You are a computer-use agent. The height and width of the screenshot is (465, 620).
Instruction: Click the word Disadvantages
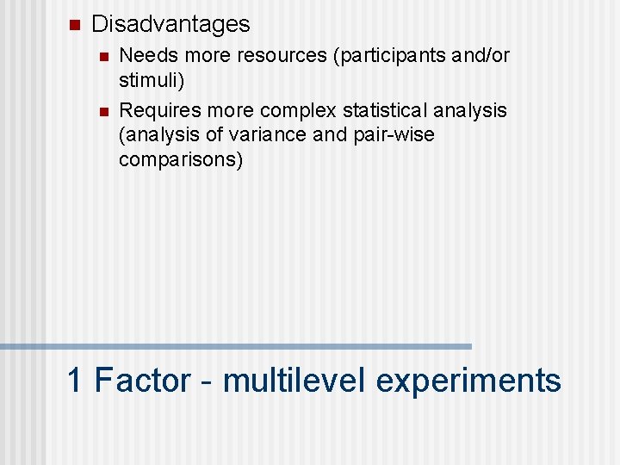pyautogui.click(x=170, y=24)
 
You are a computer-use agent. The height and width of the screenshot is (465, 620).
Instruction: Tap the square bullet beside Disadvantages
pyautogui.click(x=74, y=24)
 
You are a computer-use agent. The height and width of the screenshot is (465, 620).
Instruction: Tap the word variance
pyautogui.click(x=263, y=135)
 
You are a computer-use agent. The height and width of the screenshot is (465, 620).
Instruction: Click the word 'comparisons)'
pyautogui.click(x=181, y=160)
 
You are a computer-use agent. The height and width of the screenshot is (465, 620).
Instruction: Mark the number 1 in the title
pyautogui.click(x=76, y=380)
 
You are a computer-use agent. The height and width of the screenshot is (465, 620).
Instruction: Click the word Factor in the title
pyautogui.click(x=142, y=380)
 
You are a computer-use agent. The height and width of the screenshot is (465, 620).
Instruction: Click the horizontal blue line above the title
pyautogui.click(x=236, y=346)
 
